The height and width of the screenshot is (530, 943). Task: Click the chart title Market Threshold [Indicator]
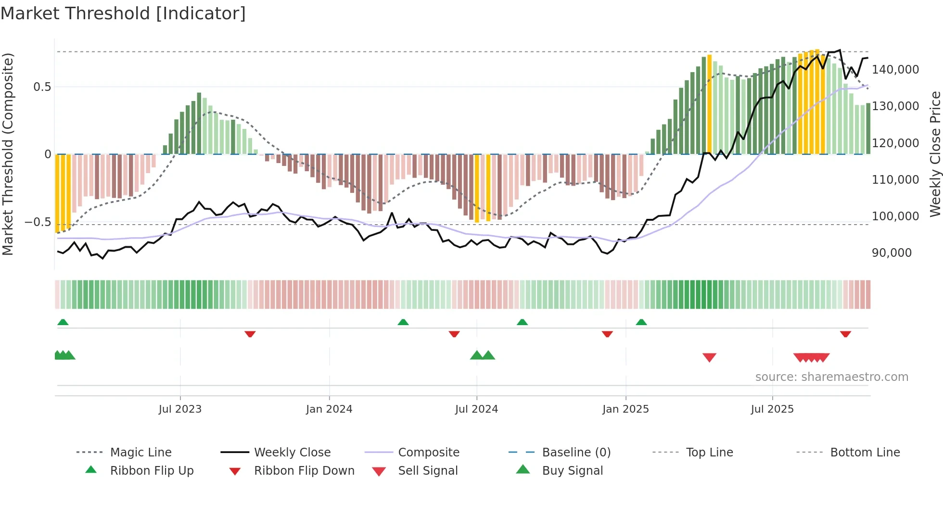pos(123,13)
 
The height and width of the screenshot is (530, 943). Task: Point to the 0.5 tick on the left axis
pos(42,87)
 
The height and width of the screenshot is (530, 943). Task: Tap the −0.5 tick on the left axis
pos(38,222)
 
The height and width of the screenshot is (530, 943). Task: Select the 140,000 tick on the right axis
pos(895,70)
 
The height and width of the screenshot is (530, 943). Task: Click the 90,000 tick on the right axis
pos(892,253)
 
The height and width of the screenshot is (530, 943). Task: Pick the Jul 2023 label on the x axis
pos(180,409)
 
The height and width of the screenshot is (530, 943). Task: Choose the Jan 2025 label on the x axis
pos(625,409)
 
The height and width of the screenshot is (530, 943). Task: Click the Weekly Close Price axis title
pos(935,154)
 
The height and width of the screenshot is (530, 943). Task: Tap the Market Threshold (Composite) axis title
pos(8,154)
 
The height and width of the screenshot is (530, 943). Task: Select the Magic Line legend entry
pos(140,453)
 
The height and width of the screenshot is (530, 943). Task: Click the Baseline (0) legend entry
pos(576,453)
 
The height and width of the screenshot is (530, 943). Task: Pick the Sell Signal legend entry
pos(427,471)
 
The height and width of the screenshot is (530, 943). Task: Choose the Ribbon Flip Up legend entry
pos(152,471)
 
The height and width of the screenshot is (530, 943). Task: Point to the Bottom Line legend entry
pos(865,453)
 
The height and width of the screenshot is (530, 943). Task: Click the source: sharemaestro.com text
pos(831,377)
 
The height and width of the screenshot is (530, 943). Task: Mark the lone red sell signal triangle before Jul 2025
pos(709,357)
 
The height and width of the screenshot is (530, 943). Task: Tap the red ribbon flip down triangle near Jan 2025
pos(607,334)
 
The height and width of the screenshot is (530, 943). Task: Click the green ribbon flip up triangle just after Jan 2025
pos(641,322)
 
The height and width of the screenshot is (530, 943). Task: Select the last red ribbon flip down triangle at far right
pos(845,334)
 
